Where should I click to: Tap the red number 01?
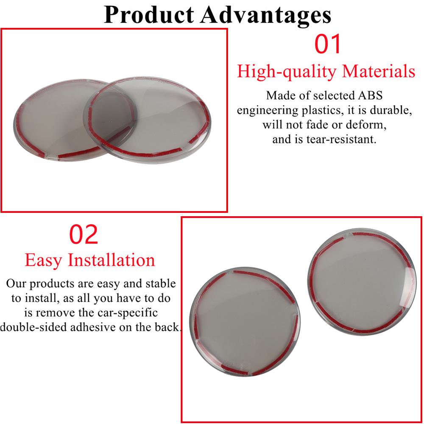tap(327, 44)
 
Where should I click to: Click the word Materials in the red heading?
tap(379, 71)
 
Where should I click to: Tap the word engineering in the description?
tap(268, 110)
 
